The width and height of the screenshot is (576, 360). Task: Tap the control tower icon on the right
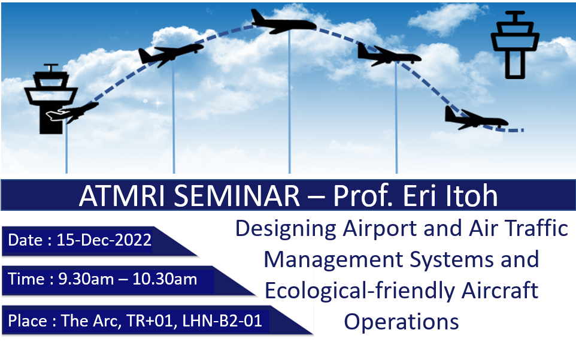tap(515, 45)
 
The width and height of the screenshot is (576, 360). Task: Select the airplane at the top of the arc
tap(283, 22)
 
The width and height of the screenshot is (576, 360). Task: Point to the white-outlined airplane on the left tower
tap(58, 114)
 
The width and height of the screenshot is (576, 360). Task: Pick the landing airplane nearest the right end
tap(476, 118)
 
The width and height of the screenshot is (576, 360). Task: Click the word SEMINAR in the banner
tap(237, 195)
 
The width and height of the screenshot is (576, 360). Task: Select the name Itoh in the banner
tap(471, 195)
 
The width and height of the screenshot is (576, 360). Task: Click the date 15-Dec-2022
tap(104, 240)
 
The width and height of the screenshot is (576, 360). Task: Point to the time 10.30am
tap(165, 279)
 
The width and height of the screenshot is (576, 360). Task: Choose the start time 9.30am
tap(86, 279)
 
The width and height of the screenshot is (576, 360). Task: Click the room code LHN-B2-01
tap(222, 320)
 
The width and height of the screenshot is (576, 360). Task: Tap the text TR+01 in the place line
tap(150, 320)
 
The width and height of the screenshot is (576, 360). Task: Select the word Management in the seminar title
tap(334, 260)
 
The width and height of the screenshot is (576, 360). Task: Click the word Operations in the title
tap(401, 322)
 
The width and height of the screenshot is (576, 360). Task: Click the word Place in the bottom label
tap(28, 320)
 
